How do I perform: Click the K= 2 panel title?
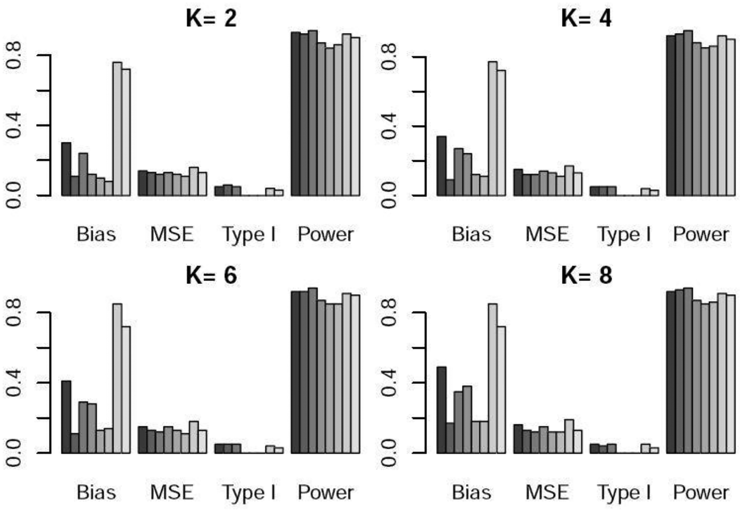(x=211, y=18)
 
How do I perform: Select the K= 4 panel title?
(x=586, y=18)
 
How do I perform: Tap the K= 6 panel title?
(x=211, y=275)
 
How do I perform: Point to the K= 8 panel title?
(x=586, y=275)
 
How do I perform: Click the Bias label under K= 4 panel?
(x=471, y=234)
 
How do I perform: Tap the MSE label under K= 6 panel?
(x=172, y=492)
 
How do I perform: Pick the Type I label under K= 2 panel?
(x=249, y=234)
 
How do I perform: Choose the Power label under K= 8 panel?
(x=701, y=492)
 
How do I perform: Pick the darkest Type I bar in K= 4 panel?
(x=594, y=191)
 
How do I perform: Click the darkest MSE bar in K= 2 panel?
(x=142, y=183)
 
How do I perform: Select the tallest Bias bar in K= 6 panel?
(x=117, y=378)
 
